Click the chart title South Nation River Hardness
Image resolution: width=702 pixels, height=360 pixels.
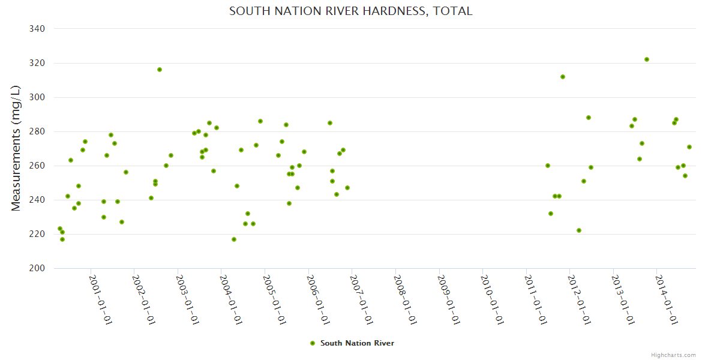pos(350,11)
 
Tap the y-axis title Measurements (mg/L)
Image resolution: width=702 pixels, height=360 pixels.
pos(16,148)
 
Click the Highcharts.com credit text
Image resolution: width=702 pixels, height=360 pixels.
pos(673,355)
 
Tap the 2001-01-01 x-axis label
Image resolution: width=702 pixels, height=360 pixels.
pos(101,299)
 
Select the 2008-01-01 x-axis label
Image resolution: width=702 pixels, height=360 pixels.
pos(405,299)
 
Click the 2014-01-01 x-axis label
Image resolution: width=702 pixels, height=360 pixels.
pos(667,299)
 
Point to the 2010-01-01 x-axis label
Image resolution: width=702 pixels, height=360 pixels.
pos(493,299)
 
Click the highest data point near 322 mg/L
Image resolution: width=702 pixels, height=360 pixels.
pos(647,59)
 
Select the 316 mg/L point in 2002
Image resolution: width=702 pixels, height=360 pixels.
pos(160,70)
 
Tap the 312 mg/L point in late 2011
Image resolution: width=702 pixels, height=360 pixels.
pos(563,77)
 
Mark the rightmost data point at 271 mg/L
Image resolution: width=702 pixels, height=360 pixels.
pos(689,147)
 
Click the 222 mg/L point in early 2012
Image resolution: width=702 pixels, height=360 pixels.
pos(579,230)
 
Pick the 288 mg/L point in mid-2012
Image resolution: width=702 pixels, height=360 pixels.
pos(589,118)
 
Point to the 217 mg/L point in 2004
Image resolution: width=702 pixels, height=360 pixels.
pos(234,239)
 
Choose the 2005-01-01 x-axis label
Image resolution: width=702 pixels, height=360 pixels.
pos(275,299)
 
